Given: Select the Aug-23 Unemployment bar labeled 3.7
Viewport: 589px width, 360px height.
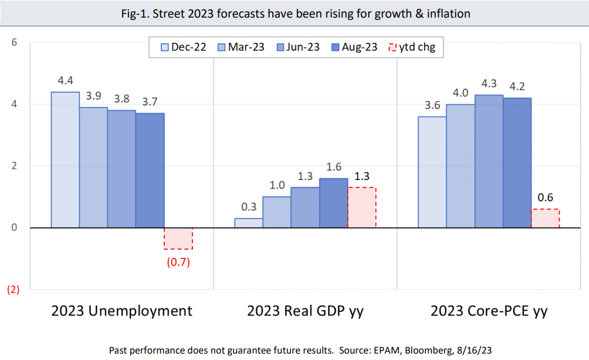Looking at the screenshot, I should [150, 170].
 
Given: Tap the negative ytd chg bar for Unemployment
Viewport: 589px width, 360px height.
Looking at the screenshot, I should [178, 239].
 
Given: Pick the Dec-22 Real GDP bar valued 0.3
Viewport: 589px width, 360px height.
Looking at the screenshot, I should [249, 223].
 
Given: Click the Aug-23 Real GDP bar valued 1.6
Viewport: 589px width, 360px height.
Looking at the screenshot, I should [334, 203].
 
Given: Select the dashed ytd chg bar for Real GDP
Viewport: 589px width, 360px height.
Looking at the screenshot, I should [362, 208].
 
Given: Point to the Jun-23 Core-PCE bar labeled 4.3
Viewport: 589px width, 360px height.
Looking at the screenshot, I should [489, 161].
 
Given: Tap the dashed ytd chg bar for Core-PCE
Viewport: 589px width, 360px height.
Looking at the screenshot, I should [546, 218].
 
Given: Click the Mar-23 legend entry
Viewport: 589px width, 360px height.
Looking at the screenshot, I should [240, 47].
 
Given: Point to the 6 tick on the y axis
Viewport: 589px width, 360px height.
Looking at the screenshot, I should [15, 42].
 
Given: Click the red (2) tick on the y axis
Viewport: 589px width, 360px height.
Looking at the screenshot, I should [12, 290].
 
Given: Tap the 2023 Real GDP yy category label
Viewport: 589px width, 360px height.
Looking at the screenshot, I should [305, 311].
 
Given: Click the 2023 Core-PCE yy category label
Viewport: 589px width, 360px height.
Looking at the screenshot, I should [489, 311].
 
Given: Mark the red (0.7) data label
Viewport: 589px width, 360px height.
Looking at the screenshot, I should [178, 261].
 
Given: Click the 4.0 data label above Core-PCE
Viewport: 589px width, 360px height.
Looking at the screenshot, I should [461, 93].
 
